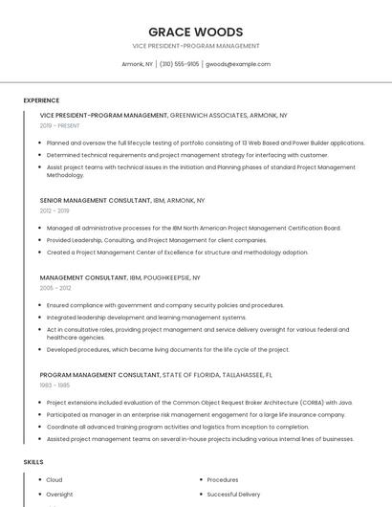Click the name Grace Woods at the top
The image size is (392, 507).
[x=195, y=32]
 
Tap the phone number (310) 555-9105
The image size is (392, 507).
[x=180, y=64]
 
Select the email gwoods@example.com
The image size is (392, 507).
[x=238, y=64]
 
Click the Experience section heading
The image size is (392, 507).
[x=41, y=99]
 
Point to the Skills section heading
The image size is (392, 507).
[x=33, y=462]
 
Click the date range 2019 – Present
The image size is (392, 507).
[x=60, y=125]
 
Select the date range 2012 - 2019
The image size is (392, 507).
[x=54, y=210]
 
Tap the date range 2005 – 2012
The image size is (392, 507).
[x=55, y=287]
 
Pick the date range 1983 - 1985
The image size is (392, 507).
[x=54, y=385]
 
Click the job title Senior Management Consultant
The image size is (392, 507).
[x=81, y=200]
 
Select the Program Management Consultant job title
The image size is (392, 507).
[x=99, y=375]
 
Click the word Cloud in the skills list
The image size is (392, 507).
[x=54, y=480]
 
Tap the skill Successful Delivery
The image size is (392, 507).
[x=233, y=495]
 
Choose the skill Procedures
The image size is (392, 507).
[x=223, y=480]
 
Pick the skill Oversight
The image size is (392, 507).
[x=59, y=495]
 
